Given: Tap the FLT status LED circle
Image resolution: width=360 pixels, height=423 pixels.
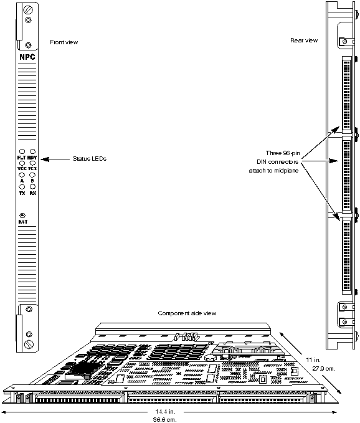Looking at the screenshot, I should [x=22, y=151].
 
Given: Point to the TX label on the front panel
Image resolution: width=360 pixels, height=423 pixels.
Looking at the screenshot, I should [x=21, y=193].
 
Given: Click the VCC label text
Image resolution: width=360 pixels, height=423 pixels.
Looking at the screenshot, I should [x=21, y=169].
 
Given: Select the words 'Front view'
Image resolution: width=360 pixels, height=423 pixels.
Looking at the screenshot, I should [x=64, y=42].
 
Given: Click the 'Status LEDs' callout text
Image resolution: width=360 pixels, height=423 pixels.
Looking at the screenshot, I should [x=90, y=159].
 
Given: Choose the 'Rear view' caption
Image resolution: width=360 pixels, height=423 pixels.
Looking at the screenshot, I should [x=304, y=40].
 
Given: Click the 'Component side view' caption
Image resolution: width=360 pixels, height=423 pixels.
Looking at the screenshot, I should [x=187, y=313].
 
